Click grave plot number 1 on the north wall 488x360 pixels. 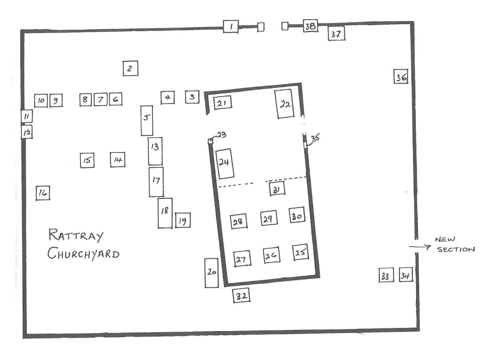click(x=231, y=27)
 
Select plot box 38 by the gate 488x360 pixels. click(x=310, y=26)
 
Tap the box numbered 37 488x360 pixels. click(x=336, y=33)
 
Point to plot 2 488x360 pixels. click(x=130, y=68)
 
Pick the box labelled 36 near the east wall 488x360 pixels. click(x=401, y=76)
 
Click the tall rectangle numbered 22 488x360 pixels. click(x=285, y=104)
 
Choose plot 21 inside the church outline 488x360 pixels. click(x=222, y=103)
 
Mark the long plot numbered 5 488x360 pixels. click(x=147, y=121)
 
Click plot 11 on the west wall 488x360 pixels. click(x=26, y=116)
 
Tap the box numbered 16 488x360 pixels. click(x=43, y=193)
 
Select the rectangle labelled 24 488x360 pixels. click(x=225, y=164)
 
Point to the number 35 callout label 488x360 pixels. click(x=316, y=138)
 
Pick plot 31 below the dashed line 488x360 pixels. click(x=277, y=189)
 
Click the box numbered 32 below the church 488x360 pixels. click(x=242, y=295)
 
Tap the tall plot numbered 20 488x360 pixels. click(x=211, y=273)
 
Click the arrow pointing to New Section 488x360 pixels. click(x=420, y=247)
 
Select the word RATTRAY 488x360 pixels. click(x=76, y=235)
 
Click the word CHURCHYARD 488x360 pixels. click(x=84, y=253)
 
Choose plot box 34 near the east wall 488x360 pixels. click(x=406, y=275)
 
